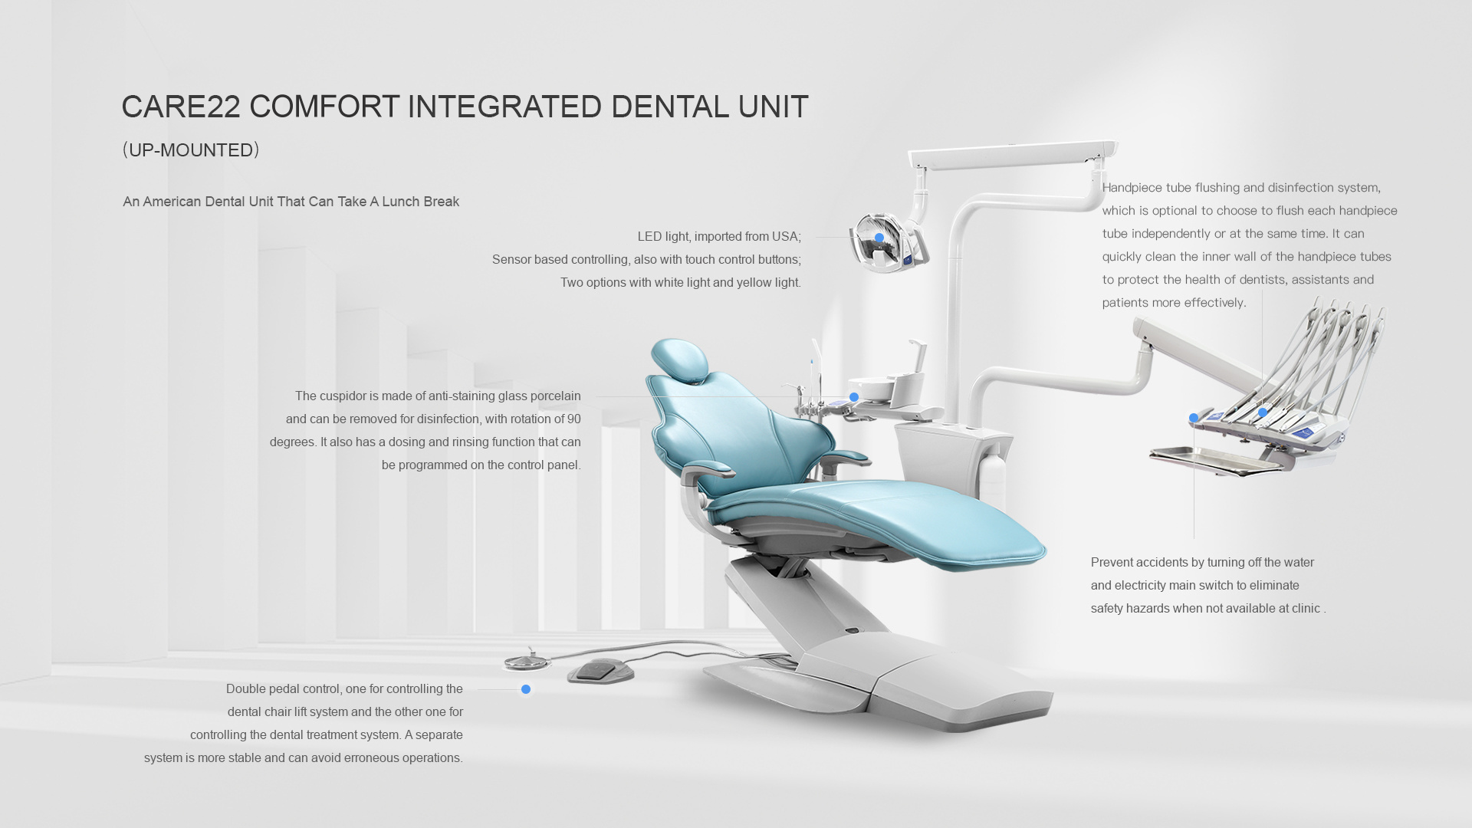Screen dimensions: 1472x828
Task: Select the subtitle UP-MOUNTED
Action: click(x=191, y=150)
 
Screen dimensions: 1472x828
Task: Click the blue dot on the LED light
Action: click(x=879, y=238)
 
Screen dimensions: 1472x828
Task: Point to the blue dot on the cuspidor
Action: click(x=854, y=397)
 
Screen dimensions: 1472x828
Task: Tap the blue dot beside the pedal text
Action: click(x=526, y=689)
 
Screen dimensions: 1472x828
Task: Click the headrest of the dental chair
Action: click(x=680, y=360)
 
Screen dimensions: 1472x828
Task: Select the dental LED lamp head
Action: click(x=889, y=242)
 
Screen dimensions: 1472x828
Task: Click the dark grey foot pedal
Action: click(x=600, y=672)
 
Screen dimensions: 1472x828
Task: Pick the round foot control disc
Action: click(x=528, y=660)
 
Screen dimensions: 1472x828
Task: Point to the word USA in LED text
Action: click(x=786, y=236)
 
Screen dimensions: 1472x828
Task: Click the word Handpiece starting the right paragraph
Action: click(x=1132, y=188)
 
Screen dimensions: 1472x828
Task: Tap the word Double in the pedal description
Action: click(x=245, y=688)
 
